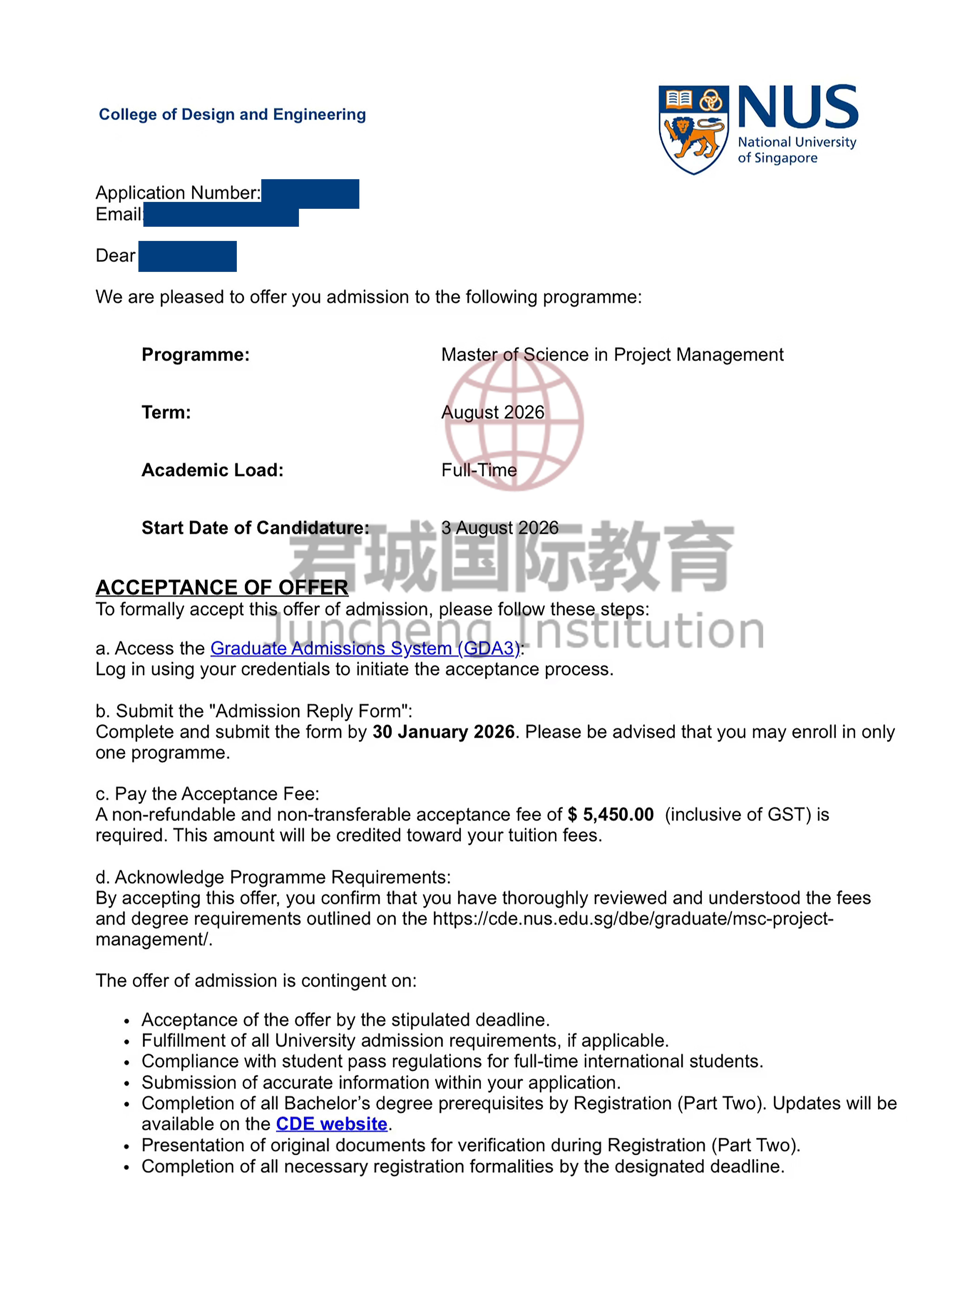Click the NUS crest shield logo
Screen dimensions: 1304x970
pos(693,129)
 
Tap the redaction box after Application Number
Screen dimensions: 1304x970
pos(310,194)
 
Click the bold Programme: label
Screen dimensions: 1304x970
pos(196,354)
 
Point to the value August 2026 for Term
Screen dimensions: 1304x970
pos(493,412)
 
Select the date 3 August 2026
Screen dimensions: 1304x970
pos(500,528)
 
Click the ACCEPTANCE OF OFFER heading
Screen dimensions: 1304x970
pos(222,587)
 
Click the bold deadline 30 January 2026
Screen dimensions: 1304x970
pos(443,732)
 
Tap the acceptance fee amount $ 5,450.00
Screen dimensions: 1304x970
pos(611,815)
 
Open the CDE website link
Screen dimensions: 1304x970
pos(332,1124)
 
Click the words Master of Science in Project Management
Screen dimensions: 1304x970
pos(612,354)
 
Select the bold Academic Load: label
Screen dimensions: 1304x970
pos(213,470)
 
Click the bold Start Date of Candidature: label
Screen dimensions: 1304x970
pos(255,528)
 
